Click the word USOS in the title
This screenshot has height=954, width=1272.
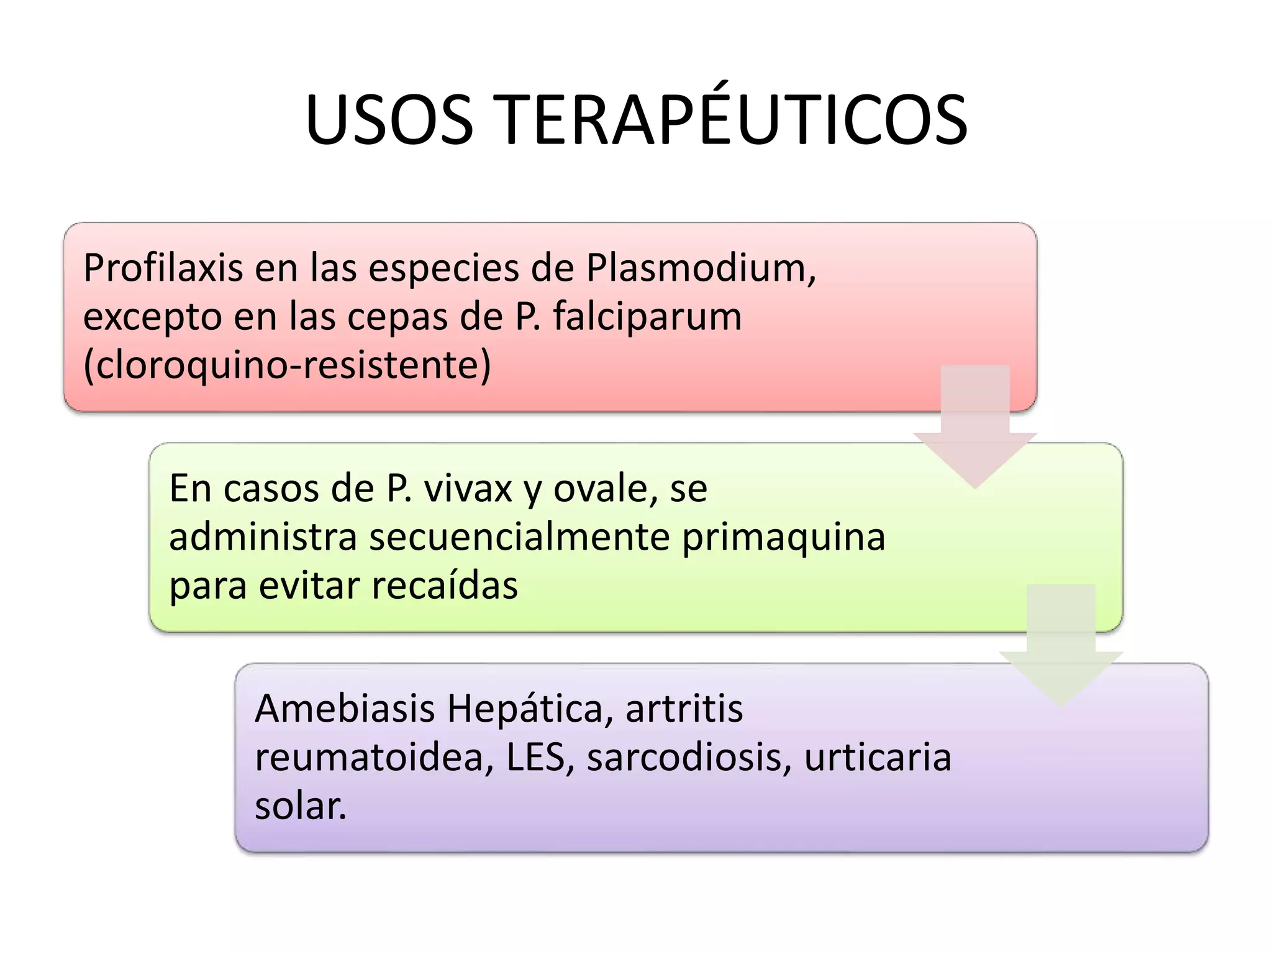(389, 120)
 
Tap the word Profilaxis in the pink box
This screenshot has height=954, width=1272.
(163, 268)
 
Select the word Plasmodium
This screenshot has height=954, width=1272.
(700, 268)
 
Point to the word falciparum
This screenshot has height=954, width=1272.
(647, 317)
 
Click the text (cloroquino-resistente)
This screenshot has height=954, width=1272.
(287, 365)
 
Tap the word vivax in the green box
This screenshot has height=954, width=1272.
(468, 489)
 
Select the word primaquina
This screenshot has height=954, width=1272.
(783, 537)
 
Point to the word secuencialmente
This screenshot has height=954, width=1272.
(519, 537)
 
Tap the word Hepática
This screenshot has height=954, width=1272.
(525, 709)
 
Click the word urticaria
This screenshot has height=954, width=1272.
(878, 758)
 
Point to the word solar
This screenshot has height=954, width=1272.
(300, 806)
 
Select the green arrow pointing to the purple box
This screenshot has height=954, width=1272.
(1061, 646)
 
